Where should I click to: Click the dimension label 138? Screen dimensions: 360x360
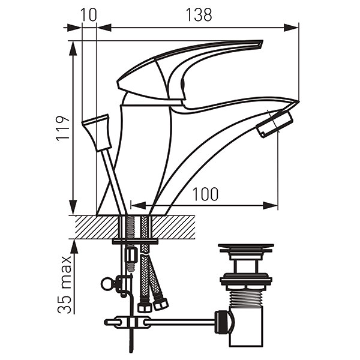tap(199, 15)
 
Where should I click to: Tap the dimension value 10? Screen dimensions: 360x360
tap(89, 15)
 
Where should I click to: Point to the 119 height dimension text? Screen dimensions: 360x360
tap(62, 127)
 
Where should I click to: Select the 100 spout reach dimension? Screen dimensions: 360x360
tap(205, 194)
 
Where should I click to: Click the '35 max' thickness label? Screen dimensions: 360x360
tap(65, 284)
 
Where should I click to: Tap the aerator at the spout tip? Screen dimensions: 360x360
tap(275, 124)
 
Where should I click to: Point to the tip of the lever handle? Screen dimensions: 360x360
tap(262, 41)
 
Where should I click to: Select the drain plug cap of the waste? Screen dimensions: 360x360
tap(245, 247)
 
